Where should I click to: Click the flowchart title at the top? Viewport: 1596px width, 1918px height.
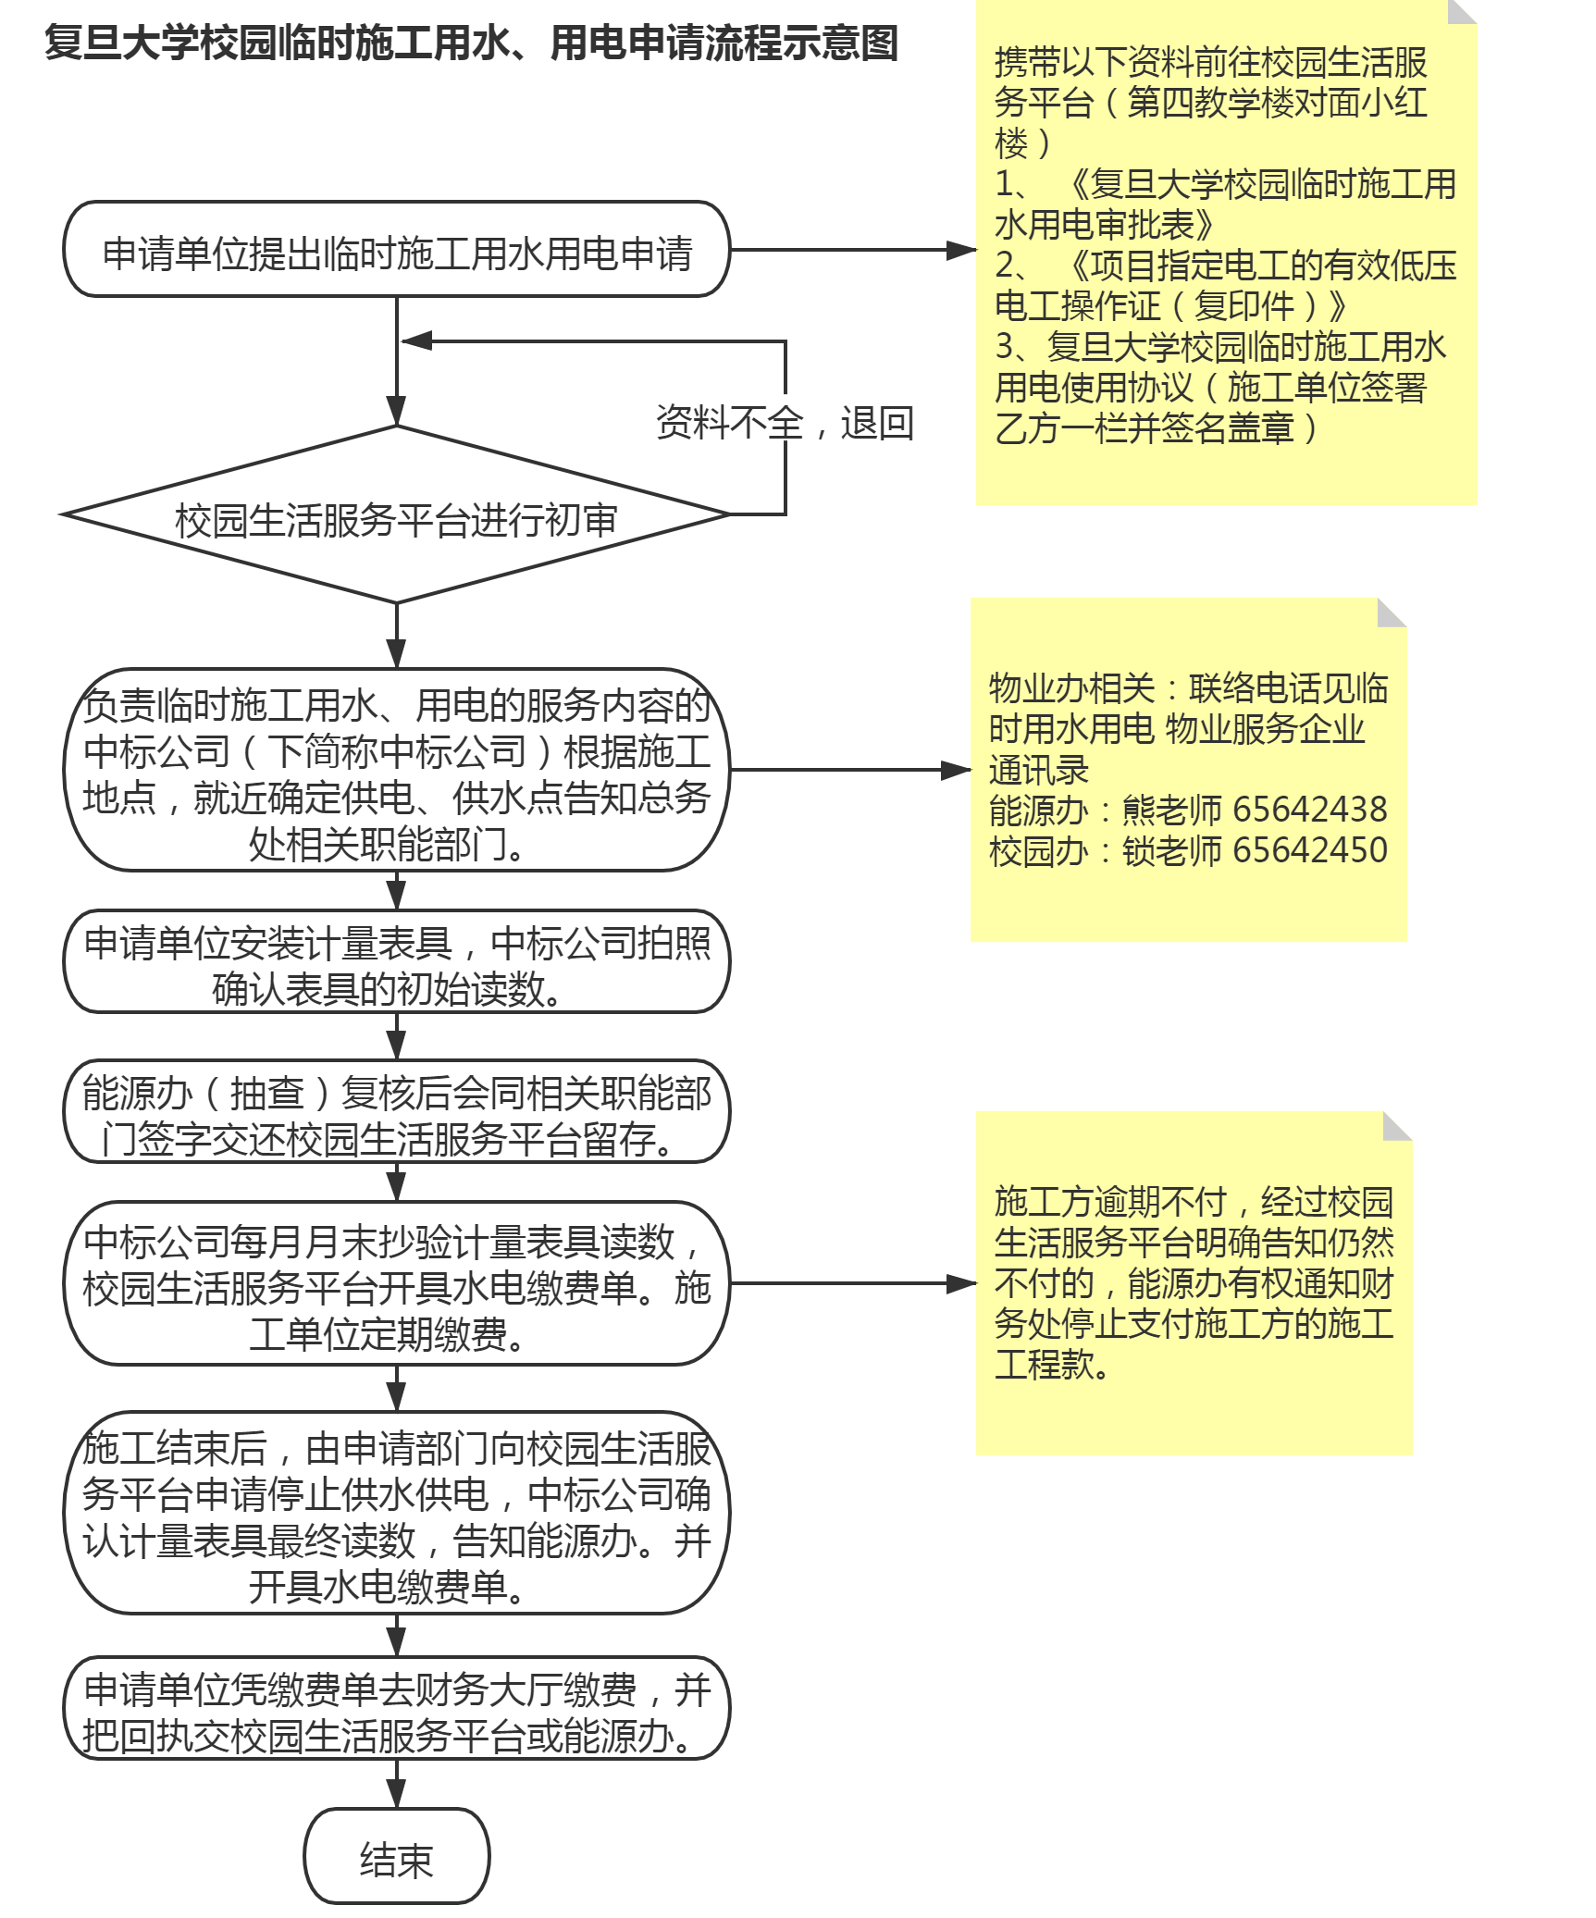(x=471, y=43)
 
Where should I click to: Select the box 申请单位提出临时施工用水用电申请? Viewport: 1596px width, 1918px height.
(x=396, y=249)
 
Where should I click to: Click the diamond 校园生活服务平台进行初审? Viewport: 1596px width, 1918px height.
(x=396, y=514)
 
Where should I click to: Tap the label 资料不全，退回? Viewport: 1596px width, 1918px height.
(x=785, y=423)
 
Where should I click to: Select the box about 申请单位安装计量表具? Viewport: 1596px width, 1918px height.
(x=396, y=961)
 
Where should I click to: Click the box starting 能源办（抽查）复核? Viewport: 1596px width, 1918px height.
(x=396, y=1111)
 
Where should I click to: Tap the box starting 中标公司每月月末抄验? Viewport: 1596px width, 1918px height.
(x=396, y=1283)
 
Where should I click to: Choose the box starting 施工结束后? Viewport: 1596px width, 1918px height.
(x=396, y=1513)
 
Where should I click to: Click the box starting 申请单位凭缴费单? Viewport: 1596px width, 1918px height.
(x=396, y=1708)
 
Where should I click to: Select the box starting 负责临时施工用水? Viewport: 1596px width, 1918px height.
(x=396, y=770)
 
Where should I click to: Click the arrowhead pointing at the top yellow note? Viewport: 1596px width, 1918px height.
(x=962, y=250)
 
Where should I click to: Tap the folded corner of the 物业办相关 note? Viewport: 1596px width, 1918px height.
(x=1392, y=613)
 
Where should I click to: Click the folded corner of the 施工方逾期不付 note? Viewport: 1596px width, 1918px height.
(x=1397, y=1126)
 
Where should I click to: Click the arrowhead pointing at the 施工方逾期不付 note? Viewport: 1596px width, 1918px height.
(x=962, y=1283)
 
